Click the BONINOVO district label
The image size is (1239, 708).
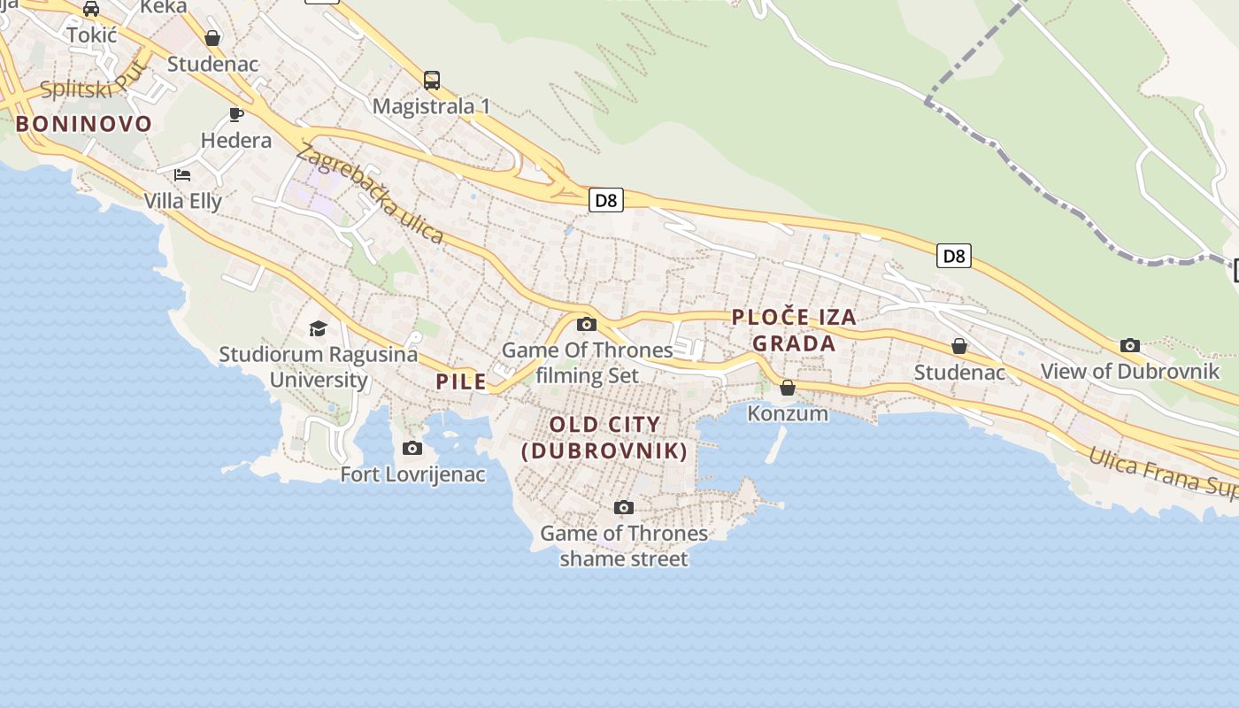pos(84,123)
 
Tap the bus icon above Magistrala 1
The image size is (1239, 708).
pos(431,81)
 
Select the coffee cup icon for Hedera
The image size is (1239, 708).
pos(236,114)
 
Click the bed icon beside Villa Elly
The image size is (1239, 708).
pos(182,174)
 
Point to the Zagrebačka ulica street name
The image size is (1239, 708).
pos(369,193)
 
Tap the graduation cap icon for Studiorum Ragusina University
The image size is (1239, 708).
pos(318,329)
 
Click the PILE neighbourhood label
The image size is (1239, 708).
pos(461,381)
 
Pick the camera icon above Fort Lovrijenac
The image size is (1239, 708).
pos(412,449)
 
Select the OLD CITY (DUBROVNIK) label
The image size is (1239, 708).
pos(604,437)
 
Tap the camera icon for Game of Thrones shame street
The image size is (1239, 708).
pos(624,508)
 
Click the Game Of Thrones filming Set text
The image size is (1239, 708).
pos(588,363)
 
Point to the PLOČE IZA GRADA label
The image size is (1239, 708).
pos(794,330)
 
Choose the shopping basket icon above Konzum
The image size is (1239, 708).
pos(788,388)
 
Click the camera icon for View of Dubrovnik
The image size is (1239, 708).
pos(1129,345)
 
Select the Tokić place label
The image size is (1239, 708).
pos(92,35)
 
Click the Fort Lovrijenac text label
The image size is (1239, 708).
pos(413,474)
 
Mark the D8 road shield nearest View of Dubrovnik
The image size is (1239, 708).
pos(953,257)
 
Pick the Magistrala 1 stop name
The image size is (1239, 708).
pos(431,106)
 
